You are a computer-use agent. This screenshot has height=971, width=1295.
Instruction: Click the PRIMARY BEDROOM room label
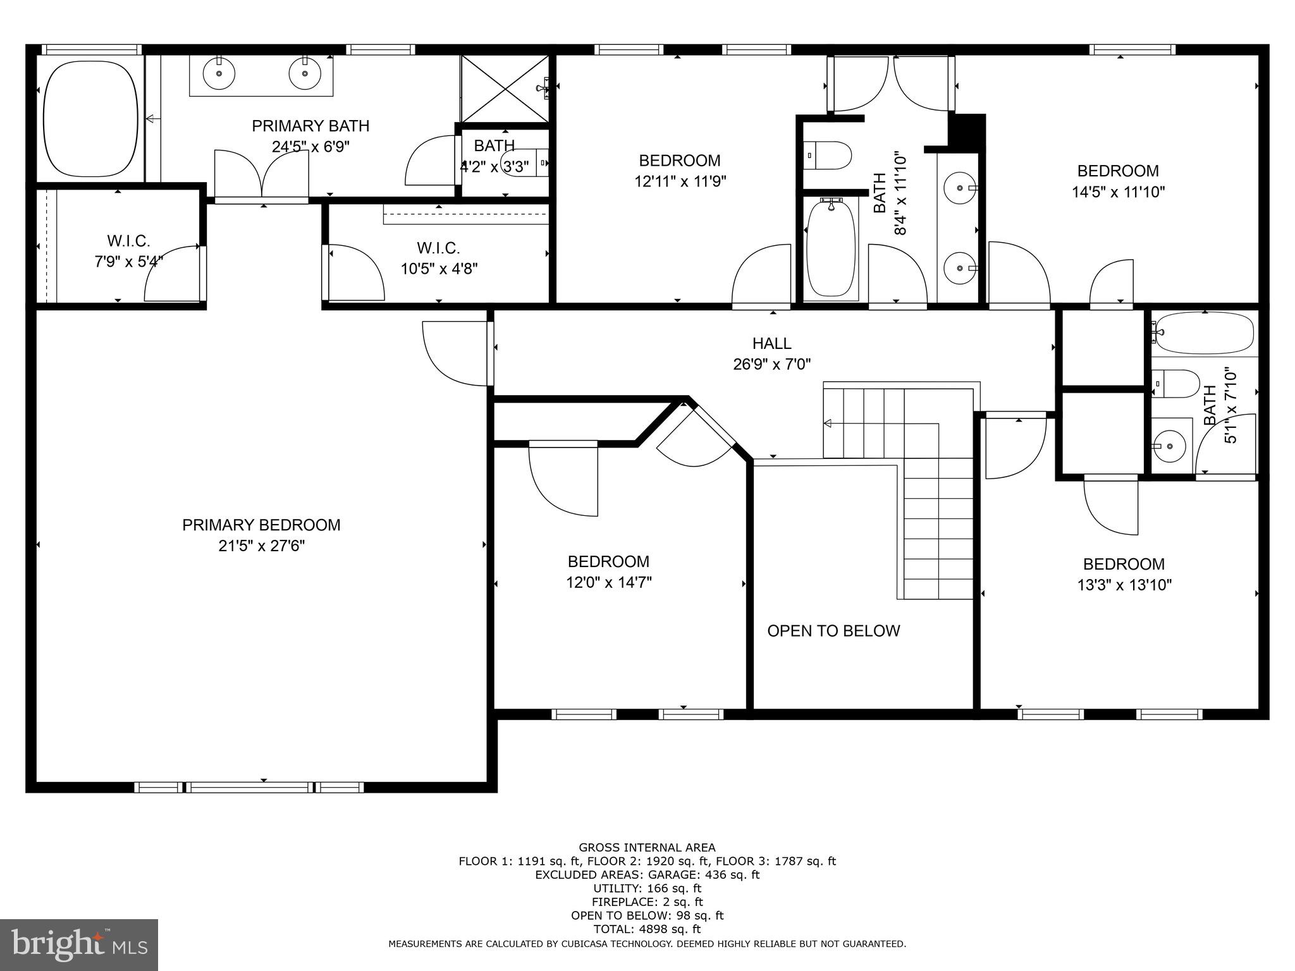coord(261,525)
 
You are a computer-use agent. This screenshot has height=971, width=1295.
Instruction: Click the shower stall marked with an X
coord(504,89)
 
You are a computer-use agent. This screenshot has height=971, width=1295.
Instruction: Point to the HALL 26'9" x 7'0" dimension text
coord(771,364)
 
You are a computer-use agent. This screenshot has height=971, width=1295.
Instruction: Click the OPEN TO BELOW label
coord(833,631)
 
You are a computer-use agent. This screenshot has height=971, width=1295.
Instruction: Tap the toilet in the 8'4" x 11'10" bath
coord(828,156)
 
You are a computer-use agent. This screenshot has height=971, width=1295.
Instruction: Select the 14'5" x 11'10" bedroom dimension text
coord(1117,192)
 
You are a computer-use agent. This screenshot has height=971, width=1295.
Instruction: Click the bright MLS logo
coord(78,944)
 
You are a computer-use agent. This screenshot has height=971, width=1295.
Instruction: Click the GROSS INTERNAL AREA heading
coord(647,847)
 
